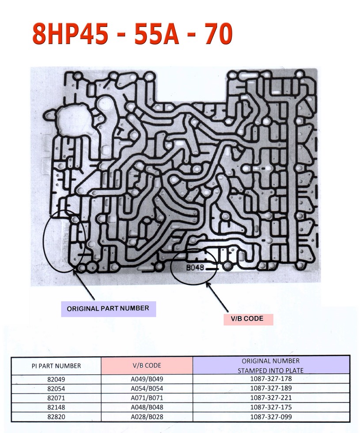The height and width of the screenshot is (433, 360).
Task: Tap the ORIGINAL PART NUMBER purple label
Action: (x=108, y=308)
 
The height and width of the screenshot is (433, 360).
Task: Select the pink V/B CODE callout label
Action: (x=247, y=319)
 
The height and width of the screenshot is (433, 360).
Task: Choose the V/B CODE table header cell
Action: (x=147, y=365)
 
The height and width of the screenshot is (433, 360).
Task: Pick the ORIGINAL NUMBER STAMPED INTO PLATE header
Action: (x=270, y=365)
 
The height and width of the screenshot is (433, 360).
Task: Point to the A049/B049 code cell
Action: (x=147, y=379)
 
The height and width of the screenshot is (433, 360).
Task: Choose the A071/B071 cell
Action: (x=147, y=398)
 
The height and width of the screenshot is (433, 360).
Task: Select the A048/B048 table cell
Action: (x=147, y=407)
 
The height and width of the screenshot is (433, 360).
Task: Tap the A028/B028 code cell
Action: (x=147, y=416)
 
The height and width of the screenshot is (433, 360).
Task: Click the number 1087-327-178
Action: (x=270, y=379)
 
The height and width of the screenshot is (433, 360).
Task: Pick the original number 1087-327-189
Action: (x=270, y=388)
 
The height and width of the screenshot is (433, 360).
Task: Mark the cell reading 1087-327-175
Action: (x=270, y=407)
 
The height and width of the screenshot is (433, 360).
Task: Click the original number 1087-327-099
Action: (x=270, y=416)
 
